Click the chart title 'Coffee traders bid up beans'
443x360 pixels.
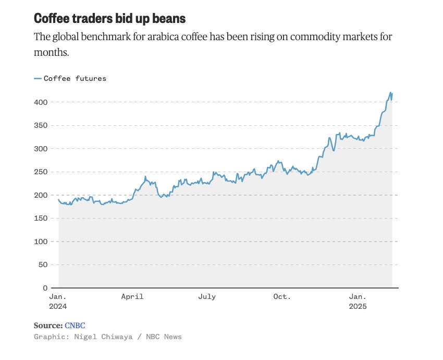109,18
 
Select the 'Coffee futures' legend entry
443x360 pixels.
75,78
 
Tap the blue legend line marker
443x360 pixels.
38,78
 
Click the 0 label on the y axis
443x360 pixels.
46,288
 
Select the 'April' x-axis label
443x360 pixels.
132,296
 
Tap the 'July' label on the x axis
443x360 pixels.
207,296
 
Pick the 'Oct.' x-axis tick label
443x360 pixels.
282,296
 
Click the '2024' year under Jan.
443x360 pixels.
58,306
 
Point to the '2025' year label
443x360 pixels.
358,306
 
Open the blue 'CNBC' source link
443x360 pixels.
75,325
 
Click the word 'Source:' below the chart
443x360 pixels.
48,325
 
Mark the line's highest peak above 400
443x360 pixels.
390,92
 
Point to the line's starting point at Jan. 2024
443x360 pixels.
58,199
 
